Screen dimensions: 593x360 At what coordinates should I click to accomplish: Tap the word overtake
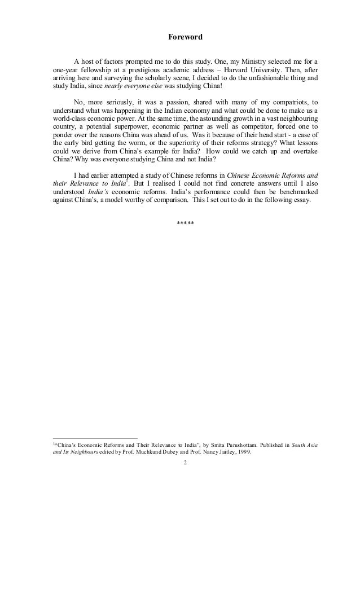click(303, 152)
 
